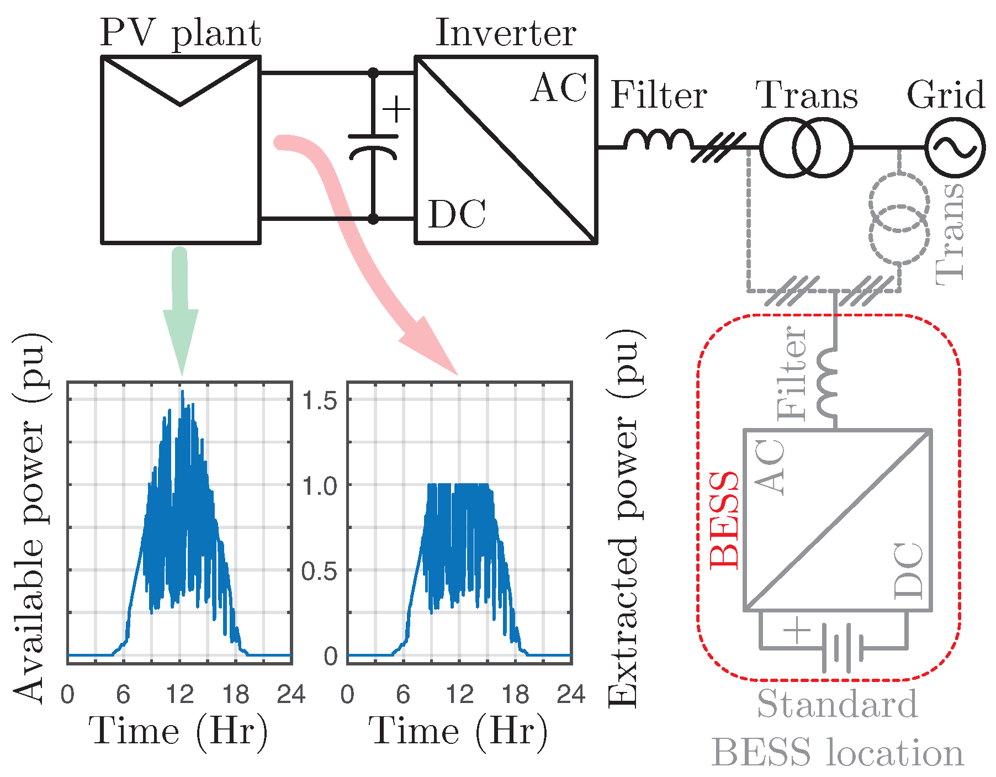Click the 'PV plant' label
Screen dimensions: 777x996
coord(180,34)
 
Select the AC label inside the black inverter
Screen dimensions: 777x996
coord(559,88)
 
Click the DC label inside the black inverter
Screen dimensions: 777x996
coord(457,214)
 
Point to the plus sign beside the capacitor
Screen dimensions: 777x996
coord(396,109)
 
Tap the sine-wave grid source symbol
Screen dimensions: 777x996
coord(955,148)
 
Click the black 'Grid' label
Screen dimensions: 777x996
coord(946,95)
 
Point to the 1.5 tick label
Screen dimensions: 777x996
coord(319,401)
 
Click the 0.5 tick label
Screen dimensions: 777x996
coord(319,572)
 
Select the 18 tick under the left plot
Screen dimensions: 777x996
coord(236,695)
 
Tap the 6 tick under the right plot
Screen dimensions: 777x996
coord(403,695)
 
